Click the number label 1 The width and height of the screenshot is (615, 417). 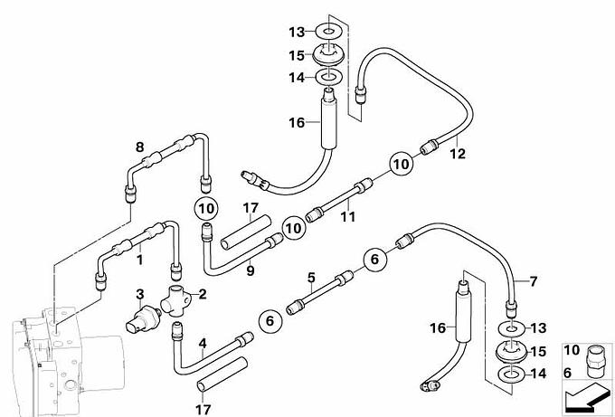(139, 260)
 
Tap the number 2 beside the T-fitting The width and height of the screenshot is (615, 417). (203, 294)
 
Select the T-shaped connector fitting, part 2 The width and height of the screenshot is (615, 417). (175, 300)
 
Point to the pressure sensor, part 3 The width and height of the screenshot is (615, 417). (143, 320)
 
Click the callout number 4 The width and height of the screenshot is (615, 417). (203, 343)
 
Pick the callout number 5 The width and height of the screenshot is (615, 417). (311, 278)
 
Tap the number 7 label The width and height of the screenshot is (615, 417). (533, 281)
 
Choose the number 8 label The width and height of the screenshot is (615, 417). (139, 147)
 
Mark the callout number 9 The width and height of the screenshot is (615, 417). (251, 270)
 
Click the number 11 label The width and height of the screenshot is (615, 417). (347, 216)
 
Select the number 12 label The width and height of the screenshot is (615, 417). (458, 154)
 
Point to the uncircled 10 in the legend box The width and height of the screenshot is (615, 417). (572, 350)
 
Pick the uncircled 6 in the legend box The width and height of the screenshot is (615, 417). (568, 373)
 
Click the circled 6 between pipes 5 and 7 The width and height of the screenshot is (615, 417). (375, 259)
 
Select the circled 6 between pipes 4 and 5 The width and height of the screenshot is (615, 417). (270, 321)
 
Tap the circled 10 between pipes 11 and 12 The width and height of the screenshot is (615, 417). (401, 164)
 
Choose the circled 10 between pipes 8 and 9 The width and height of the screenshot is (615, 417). (206, 208)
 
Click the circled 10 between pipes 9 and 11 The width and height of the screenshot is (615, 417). (294, 228)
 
